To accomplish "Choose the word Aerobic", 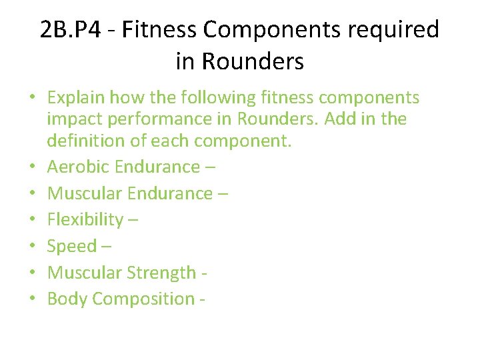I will click(78, 167).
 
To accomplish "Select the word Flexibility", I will click(85, 220).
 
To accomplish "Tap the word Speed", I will click(71, 247).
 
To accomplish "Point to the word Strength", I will click(161, 273).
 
